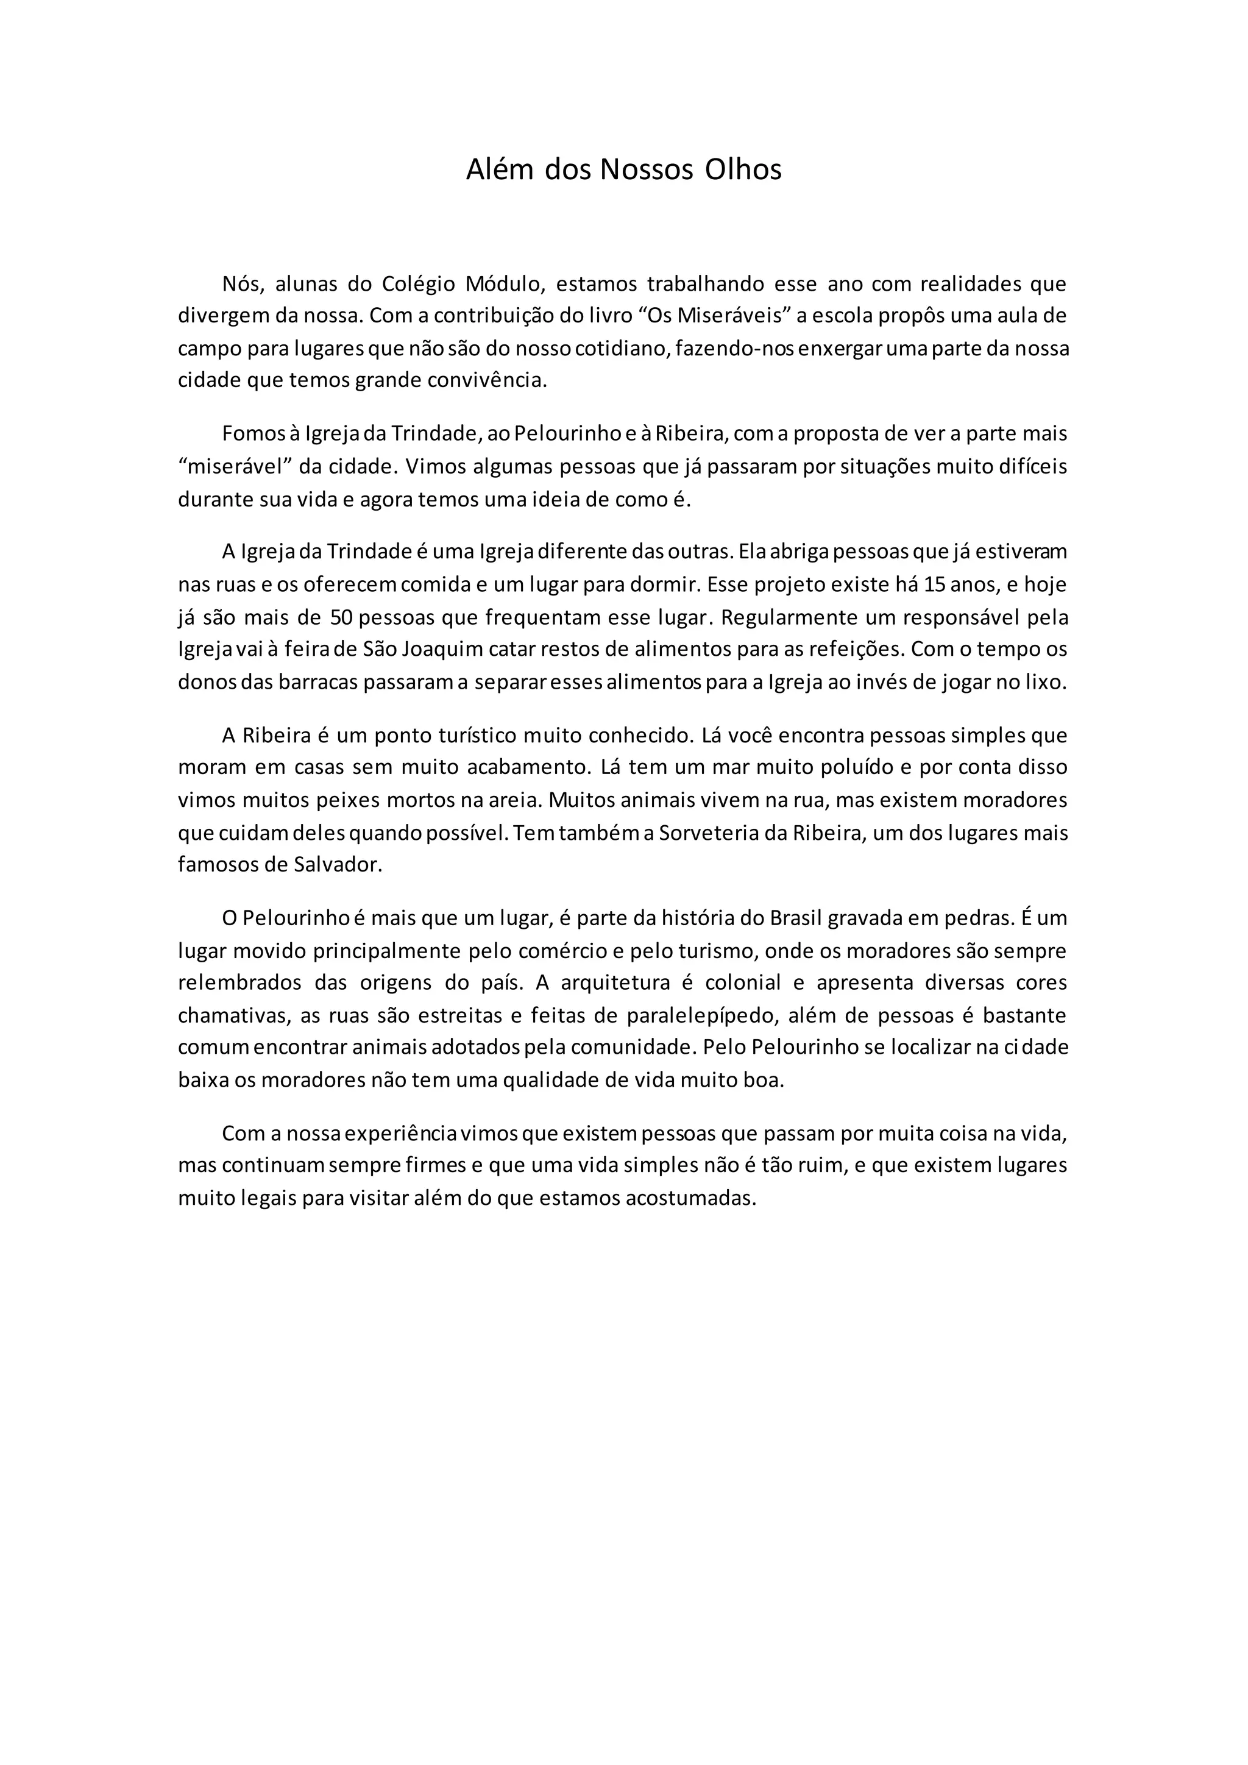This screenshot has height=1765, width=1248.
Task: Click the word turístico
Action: coord(477,736)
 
